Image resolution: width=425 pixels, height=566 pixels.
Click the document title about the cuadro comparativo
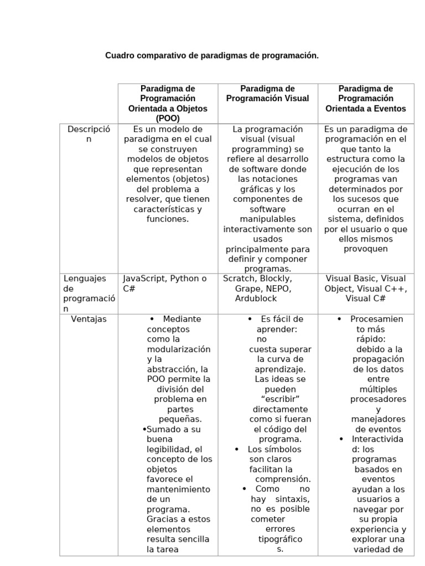(x=212, y=56)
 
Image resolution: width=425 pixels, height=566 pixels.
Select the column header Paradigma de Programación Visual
(x=267, y=93)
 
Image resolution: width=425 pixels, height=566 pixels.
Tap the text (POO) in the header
(x=168, y=118)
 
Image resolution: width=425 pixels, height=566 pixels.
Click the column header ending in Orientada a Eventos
(x=365, y=98)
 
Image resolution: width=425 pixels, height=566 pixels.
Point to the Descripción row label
(x=89, y=134)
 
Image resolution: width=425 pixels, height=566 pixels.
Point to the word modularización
(x=178, y=349)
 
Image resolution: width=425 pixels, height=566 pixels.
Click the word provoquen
(x=365, y=249)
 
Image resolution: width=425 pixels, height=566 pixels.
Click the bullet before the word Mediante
(x=152, y=319)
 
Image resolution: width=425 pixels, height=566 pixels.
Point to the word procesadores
(x=379, y=399)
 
